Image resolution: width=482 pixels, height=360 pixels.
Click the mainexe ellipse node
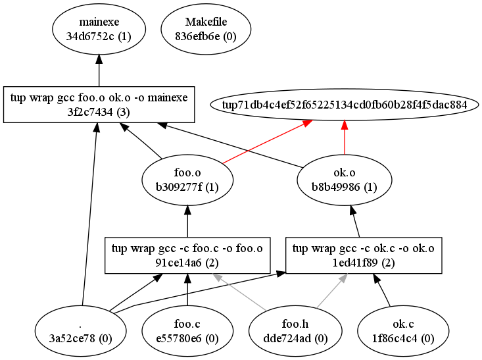[99, 30]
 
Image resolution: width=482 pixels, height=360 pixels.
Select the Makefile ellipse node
[206, 30]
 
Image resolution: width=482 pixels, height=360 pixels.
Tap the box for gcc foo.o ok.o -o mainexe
[99, 104]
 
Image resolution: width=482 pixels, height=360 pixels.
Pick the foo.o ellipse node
[188, 179]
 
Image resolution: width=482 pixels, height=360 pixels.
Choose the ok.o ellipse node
[345, 179]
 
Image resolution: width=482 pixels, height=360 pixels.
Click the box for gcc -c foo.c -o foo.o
[188, 255]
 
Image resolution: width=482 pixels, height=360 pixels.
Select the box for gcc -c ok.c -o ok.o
[362, 255]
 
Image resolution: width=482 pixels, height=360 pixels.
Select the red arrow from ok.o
[345, 140]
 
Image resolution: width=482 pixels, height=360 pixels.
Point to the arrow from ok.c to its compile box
[383, 290]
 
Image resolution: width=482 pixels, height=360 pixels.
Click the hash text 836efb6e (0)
[206, 37]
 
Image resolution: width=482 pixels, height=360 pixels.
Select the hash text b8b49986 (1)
[345, 186]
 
